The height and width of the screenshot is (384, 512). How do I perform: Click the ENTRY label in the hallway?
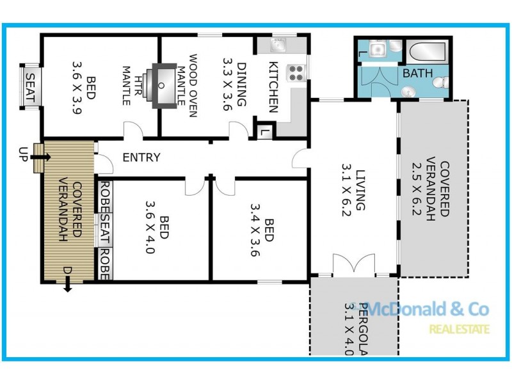click(x=141, y=157)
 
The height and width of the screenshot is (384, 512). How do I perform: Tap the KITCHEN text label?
click(x=273, y=86)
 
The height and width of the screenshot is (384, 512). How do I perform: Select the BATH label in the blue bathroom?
click(x=417, y=74)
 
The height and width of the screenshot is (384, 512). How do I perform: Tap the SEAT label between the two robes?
click(x=104, y=231)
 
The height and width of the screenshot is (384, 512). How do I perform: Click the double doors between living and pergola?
click(x=353, y=266)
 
